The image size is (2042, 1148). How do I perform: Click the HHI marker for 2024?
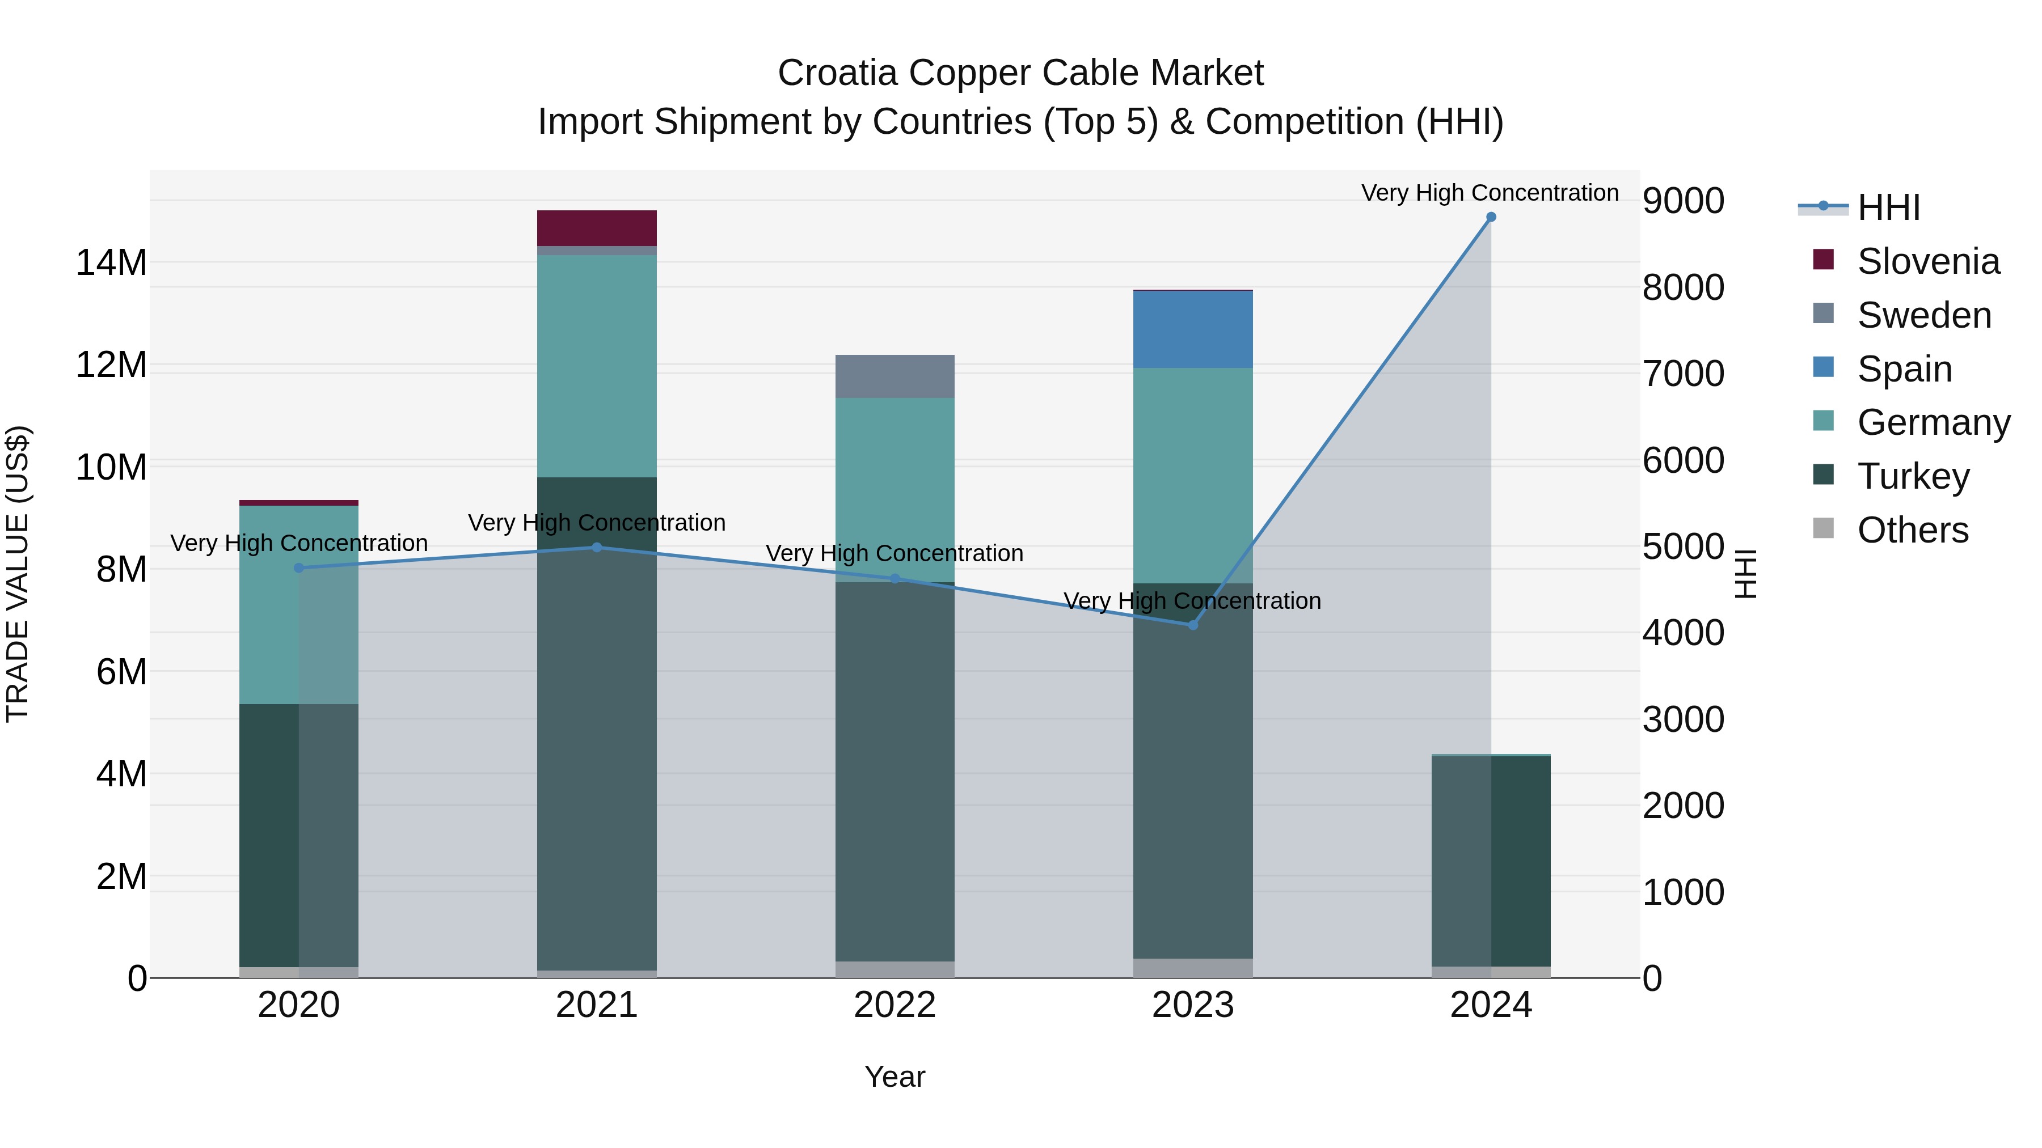(x=1490, y=217)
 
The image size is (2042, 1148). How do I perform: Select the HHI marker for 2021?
(x=597, y=548)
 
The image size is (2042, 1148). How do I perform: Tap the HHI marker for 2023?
(x=1192, y=625)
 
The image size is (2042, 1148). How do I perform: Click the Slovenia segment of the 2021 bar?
(x=597, y=228)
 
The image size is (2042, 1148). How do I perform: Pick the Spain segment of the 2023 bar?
(x=1192, y=329)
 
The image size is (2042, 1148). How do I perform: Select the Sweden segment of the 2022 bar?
(x=895, y=376)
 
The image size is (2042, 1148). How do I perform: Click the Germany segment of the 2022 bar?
(x=895, y=490)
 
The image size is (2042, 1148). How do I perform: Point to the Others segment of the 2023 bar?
(x=1192, y=968)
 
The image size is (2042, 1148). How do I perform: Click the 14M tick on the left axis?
(x=111, y=262)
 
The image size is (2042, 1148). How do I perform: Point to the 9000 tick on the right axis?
(x=1683, y=201)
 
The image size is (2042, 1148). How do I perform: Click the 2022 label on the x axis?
(x=895, y=1005)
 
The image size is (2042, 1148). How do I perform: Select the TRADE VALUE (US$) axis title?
(x=18, y=574)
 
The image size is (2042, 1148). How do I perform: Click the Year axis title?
(x=895, y=1077)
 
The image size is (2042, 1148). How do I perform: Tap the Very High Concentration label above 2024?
(x=1490, y=193)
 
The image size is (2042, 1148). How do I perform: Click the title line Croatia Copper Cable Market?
(x=1020, y=73)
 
